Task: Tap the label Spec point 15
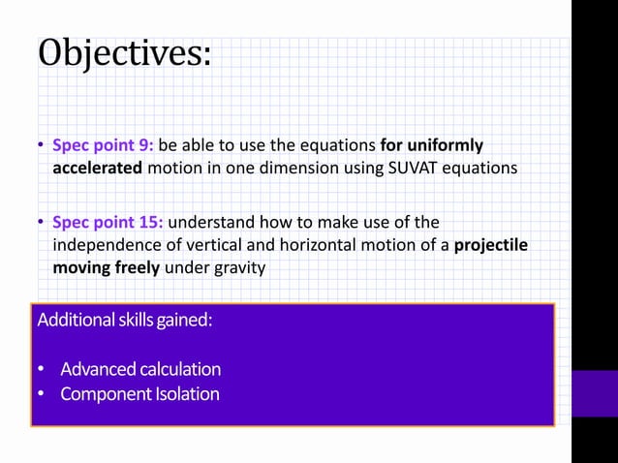click(x=107, y=220)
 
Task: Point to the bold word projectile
click(x=491, y=244)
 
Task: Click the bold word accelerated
click(x=98, y=168)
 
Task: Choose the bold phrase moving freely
click(x=106, y=266)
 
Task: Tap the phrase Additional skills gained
click(x=124, y=321)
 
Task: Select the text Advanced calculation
click(x=140, y=369)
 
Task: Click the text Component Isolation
click(x=139, y=394)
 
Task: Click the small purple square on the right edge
click(x=594, y=392)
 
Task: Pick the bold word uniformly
click(x=445, y=145)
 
